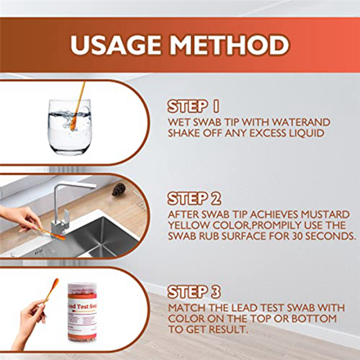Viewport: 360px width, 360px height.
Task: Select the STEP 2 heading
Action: point(194,198)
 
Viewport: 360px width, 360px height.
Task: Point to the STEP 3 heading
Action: point(194,292)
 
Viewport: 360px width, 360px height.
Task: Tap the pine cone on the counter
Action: point(118,189)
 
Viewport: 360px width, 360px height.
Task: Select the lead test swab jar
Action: point(82,312)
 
